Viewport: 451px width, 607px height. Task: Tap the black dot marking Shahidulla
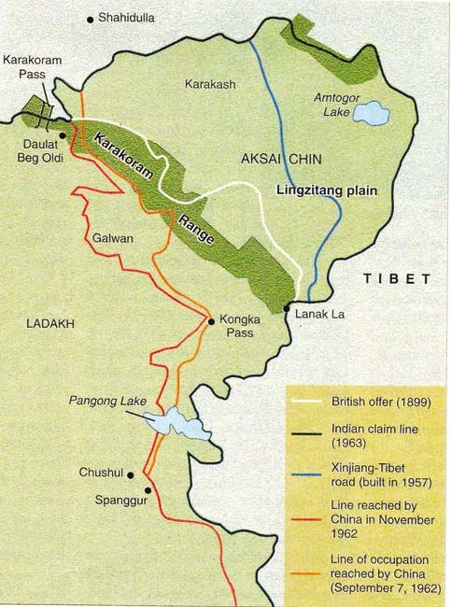pyautogui.click(x=91, y=19)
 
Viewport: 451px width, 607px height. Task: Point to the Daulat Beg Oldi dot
pyautogui.click(x=63, y=134)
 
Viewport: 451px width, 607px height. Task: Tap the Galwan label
pyautogui.click(x=113, y=238)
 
